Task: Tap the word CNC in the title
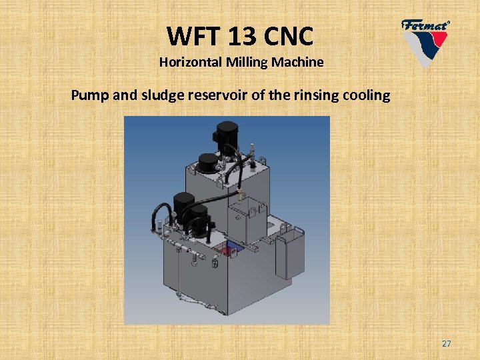coord(288,35)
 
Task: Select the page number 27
coord(446,343)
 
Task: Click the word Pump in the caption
coord(91,95)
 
